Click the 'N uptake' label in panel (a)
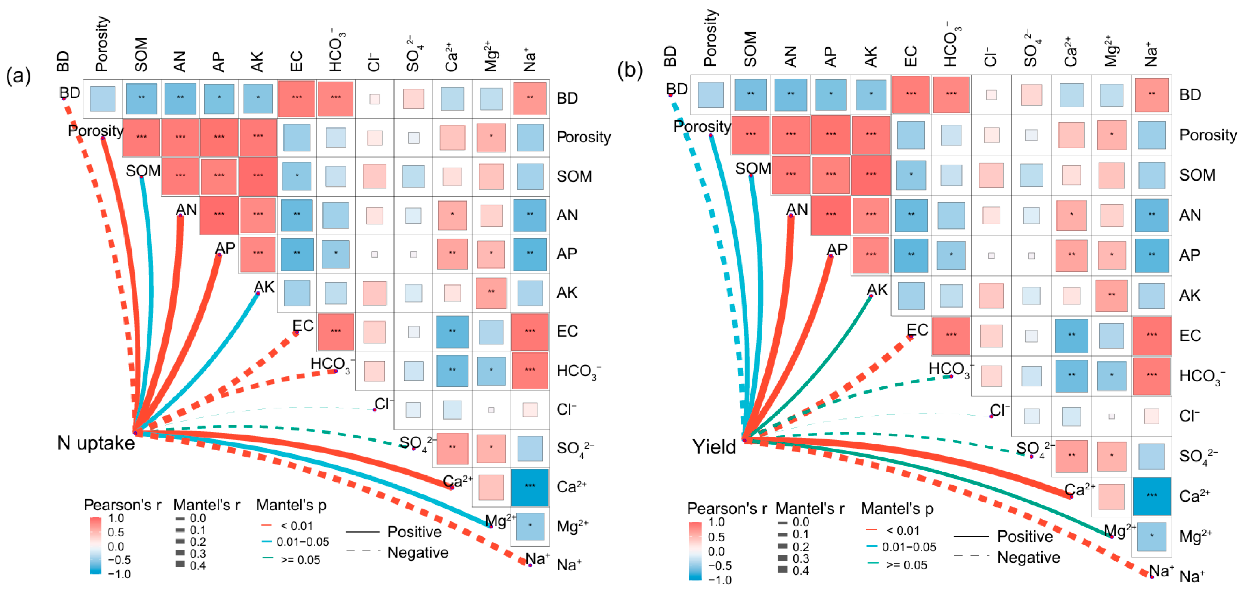tap(95, 443)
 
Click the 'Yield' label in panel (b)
tap(714, 447)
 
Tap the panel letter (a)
tap(18, 76)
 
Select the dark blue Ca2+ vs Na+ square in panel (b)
tap(1151, 495)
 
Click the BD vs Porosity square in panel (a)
tap(103, 98)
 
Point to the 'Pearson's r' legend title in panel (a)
tap(122, 505)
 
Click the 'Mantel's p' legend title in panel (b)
tap(897, 508)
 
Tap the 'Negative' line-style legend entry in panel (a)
tap(418, 552)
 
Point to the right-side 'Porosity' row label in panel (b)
tap(1207, 135)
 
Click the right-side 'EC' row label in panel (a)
tap(567, 331)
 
